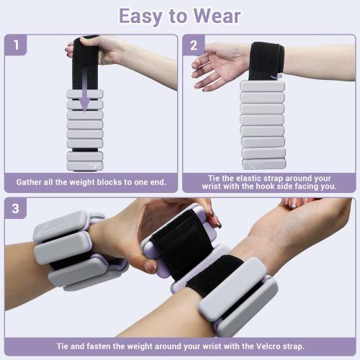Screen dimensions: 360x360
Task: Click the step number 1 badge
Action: point(15,46)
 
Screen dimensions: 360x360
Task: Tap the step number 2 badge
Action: point(194,46)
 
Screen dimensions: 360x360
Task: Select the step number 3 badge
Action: point(15,210)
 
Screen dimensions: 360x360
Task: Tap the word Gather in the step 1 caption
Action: point(31,181)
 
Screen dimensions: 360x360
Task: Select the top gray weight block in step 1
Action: point(85,94)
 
